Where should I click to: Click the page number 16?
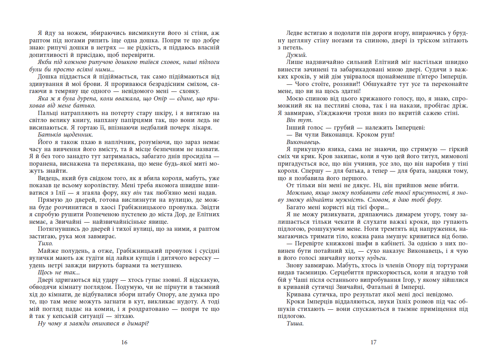(124, 342)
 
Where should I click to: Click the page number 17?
(373, 342)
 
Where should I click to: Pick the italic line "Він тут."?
(300, 120)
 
